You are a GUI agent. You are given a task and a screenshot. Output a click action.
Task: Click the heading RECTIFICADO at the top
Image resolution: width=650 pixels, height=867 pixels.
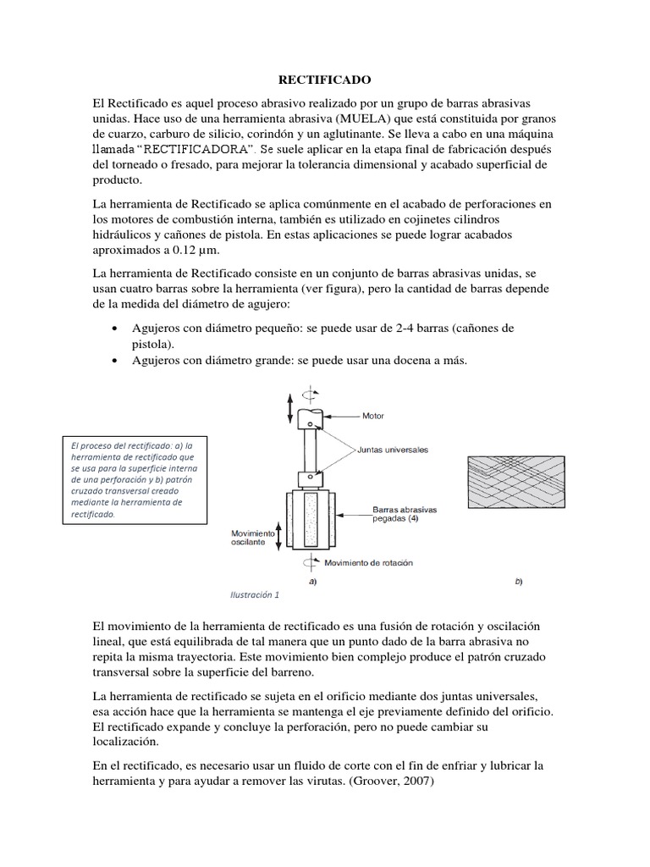pyautogui.click(x=325, y=80)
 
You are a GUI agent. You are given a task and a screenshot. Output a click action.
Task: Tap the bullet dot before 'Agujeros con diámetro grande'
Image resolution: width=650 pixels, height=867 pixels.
pyautogui.click(x=114, y=361)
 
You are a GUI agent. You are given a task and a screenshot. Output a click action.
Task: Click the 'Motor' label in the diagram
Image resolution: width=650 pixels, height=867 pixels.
pyautogui.click(x=373, y=416)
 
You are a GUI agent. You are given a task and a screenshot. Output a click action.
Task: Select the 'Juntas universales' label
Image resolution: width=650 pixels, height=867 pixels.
pyautogui.click(x=393, y=450)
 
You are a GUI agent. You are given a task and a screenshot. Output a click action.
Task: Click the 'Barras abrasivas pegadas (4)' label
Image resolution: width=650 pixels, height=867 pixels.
pyautogui.click(x=405, y=514)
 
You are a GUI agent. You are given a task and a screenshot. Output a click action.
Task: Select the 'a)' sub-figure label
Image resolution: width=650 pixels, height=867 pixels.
pyautogui.click(x=312, y=583)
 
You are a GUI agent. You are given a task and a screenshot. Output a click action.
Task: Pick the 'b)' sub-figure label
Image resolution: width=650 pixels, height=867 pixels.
pyautogui.click(x=518, y=583)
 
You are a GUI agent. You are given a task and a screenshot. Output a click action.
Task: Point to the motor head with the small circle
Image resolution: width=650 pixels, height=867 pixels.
pyautogui.click(x=311, y=416)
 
